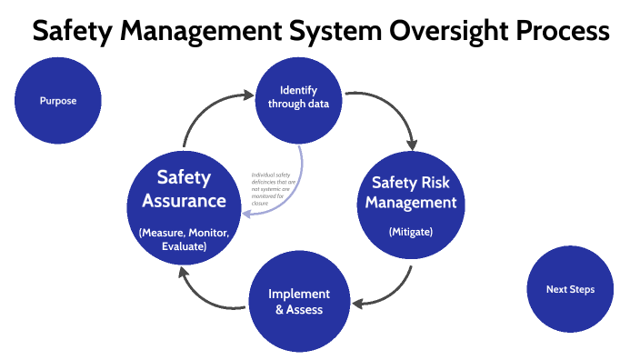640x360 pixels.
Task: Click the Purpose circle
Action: coord(58,101)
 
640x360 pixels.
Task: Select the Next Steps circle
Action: coord(570,289)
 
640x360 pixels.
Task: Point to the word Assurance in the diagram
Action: coord(185,200)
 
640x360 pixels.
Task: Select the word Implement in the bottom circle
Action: coord(299,294)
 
